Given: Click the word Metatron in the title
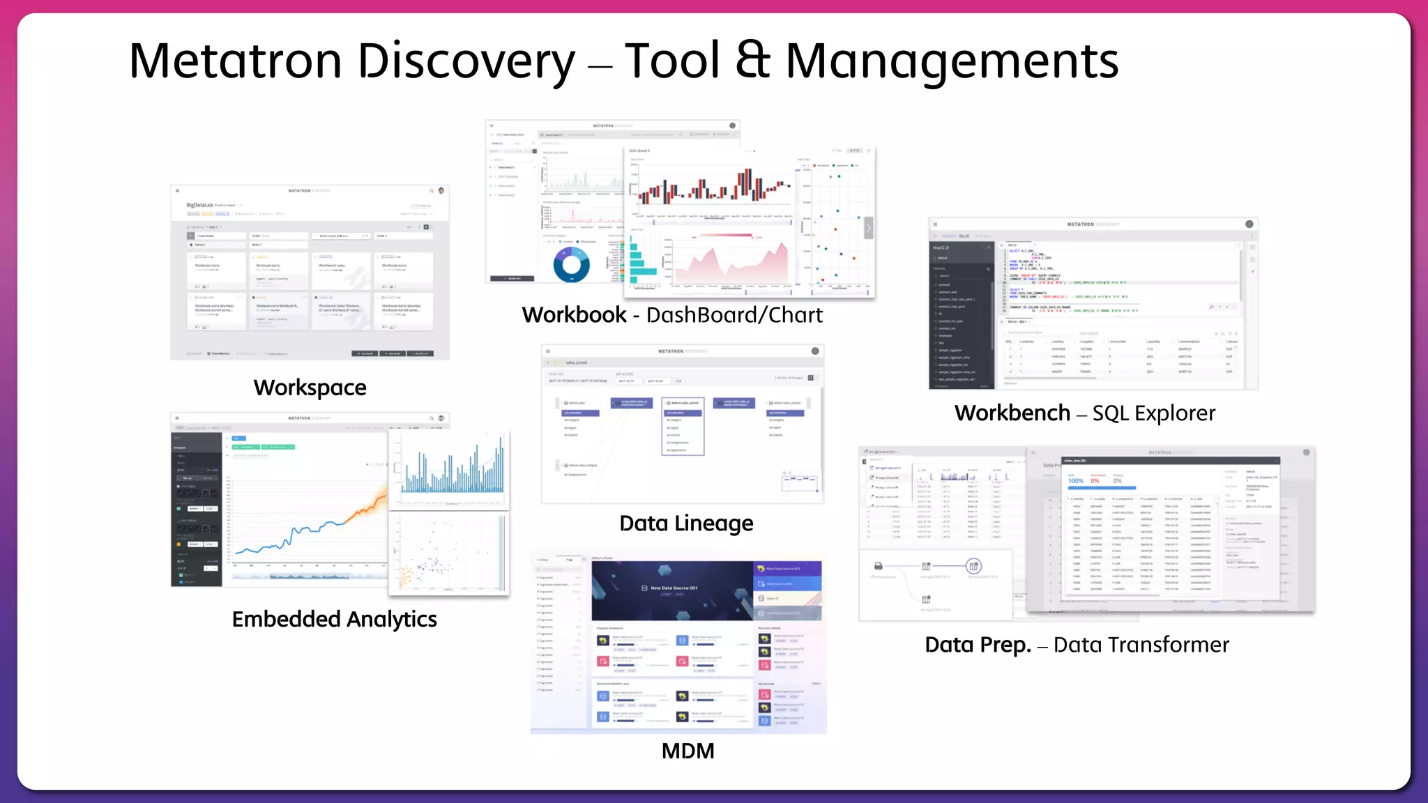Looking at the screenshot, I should [236, 61].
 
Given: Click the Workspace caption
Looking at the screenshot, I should [310, 388].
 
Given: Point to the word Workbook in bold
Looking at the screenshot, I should [574, 315].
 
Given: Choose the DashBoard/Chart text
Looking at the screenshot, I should [734, 315].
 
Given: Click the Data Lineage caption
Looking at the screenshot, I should [686, 523].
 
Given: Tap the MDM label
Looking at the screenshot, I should [688, 751].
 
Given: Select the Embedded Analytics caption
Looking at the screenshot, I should [334, 619].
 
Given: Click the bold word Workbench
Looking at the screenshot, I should [1012, 413].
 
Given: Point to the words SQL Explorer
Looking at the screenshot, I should [1153, 413].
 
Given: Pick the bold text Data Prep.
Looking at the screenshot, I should [978, 645].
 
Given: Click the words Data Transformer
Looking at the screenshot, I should [1141, 645].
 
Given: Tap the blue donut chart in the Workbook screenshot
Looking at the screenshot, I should [571, 265].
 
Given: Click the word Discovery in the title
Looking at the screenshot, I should [466, 61].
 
